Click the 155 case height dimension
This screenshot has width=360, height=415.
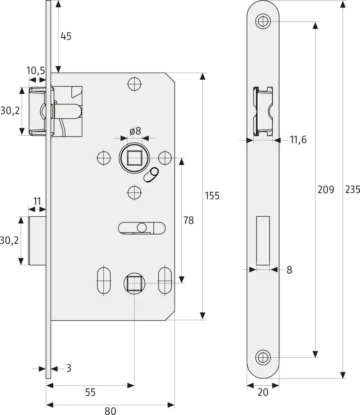(212, 196)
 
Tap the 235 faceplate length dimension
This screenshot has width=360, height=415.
(352, 190)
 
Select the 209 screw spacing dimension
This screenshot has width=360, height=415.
(326, 190)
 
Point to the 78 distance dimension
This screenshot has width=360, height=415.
(189, 220)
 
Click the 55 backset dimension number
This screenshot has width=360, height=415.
(91, 392)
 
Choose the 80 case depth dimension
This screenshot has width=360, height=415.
(110, 411)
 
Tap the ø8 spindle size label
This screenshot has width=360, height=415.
(135, 131)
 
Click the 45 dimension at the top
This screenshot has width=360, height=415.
(66, 36)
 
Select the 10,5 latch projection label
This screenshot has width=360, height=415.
(36, 71)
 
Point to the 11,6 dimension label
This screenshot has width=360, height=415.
(298, 139)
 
